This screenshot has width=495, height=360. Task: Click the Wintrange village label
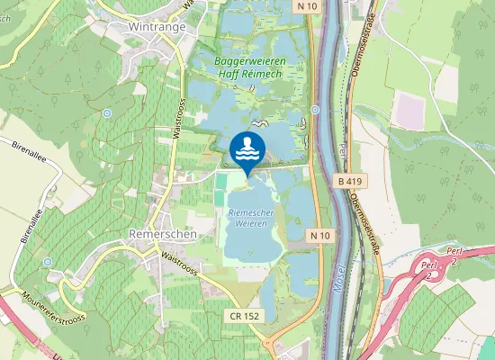[x=156, y=27]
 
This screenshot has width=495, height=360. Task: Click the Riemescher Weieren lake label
[x=250, y=217]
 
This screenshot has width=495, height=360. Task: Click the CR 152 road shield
[x=243, y=317]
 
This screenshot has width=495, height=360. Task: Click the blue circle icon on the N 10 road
[x=315, y=110]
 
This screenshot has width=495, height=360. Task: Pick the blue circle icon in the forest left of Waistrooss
[x=107, y=112]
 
